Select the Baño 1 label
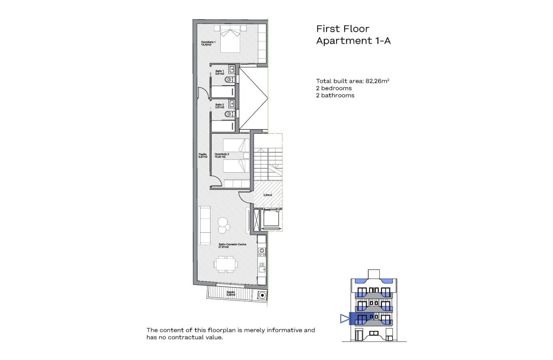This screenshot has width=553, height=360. tap(219, 72)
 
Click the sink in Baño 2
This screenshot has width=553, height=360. tap(232, 103)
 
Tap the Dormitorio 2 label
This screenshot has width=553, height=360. tap(222, 155)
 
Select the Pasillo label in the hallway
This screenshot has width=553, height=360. tap(203, 156)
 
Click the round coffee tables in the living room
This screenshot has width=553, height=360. tap(223, 225)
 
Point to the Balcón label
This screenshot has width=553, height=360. tap(231, 293)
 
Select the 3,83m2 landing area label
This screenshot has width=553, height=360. tap(267, 195)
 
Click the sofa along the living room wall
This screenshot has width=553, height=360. tap(204, 225)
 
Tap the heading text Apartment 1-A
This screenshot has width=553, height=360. tap(353, 41)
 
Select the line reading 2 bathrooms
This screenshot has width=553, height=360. tap(335, 95)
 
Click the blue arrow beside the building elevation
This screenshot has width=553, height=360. tap(344, 318)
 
